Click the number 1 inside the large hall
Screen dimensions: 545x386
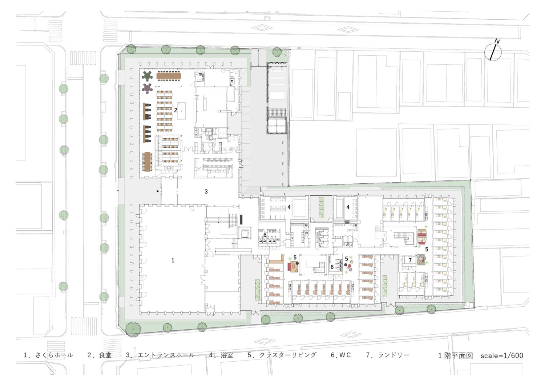pyautogui.click(x=173, y=260)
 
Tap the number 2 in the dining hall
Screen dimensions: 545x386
pyautogui.click(x=175, y=110)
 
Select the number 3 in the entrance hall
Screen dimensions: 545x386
pyautogui.click(x=206, y=191)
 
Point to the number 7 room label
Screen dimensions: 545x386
pyautogui.click(x=410, y=260)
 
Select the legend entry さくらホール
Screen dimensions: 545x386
pyautogui.click(x=54, y=355)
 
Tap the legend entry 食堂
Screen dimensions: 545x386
pyautogui.click(x=105, y=355)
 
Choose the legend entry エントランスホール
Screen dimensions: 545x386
pyautogui.click(x=166, y=355)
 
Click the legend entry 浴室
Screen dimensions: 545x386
pyautogui.click(x=227, y=355)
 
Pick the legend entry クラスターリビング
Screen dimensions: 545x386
pyautogui.click(x=288, y=355)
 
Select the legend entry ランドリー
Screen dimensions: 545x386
pyautogui.click(x=393, y=355)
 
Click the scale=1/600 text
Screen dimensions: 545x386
pyautogui.click(x=502, y=355)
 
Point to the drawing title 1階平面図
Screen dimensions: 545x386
pyautogui.click(x=456, y=355)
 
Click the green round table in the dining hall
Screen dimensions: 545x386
pyautogui.click(x=147, y=76)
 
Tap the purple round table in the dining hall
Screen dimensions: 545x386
pyautogui.click(x=147, y=88)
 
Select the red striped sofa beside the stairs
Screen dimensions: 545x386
pyautogui.click(x=422, y=236)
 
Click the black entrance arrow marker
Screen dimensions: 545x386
pyautogui.click(x=158, y=191)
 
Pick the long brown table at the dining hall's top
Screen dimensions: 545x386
pyautogui.click(x=169, y=75)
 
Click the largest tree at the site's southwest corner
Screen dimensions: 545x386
pyautogui.click(x=133, y=329)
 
